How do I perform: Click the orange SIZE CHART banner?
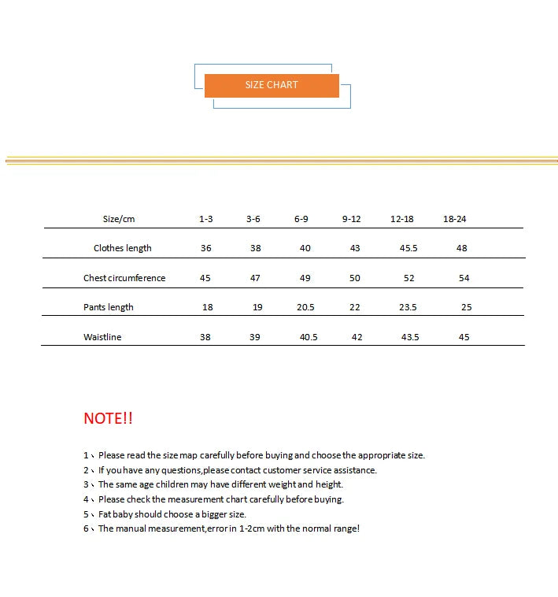pos(272,85)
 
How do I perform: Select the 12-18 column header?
pos(401,219)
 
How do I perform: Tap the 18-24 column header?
pos(455,219)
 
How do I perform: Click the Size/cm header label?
pos(119,219)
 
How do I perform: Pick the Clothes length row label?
pos(122,248)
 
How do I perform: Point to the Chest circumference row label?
pos(124,278)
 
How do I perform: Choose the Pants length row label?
pos(109,307)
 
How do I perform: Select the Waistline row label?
pos(102,337)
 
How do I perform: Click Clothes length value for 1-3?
pos(206,248)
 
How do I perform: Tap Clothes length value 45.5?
pos(408,248)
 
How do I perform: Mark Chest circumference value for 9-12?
pos(355,278)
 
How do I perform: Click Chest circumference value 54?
pos(464,278)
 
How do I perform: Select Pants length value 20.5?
pos(305,307)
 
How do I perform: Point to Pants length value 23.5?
pos(408,307)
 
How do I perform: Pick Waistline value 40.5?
pos(309,337)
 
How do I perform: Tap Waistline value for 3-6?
pos(255,337)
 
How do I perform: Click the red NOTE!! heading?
pos(108,418)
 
